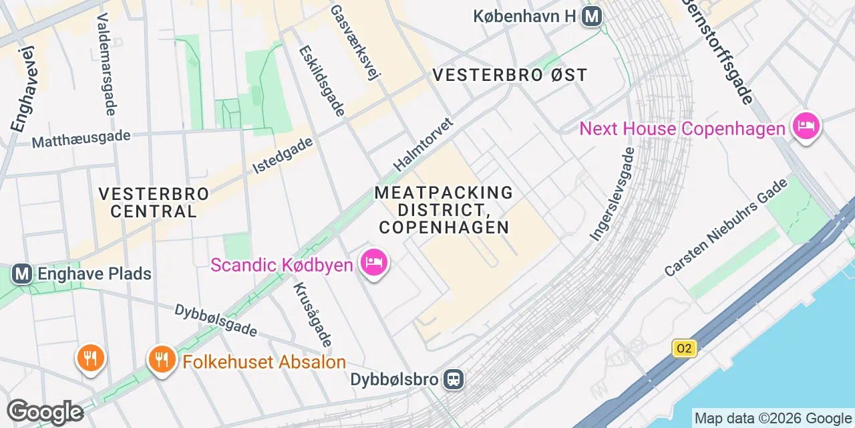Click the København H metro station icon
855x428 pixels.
coord(592,16)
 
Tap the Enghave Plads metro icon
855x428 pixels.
coord(22,274)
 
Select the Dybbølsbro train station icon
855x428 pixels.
coord(454,380)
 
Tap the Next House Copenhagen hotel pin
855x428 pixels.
coord(806,126)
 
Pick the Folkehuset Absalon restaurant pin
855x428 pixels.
coord(161,360)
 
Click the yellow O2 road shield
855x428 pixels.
coord(683,348)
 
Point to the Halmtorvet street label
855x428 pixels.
coord(423,144)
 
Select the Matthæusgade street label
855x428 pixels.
coord(81,139)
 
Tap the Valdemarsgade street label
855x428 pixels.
coord(107,64)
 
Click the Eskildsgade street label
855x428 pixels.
coord(321,80)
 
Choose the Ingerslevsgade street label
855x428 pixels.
coord(611,193)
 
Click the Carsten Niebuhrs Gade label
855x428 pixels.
coord(727,227)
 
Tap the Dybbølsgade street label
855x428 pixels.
coord(216,320)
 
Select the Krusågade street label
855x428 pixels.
coord(312,314)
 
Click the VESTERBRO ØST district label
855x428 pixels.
coord(510,75)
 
